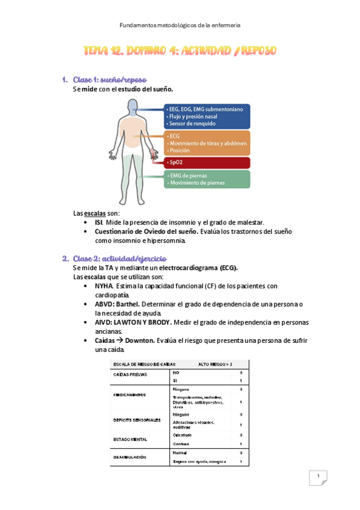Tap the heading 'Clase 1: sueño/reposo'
click(109, 80)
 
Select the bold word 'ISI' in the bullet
click(99, 223)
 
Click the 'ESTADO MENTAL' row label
click(130, 439)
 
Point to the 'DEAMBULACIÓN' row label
click(130, 457)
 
